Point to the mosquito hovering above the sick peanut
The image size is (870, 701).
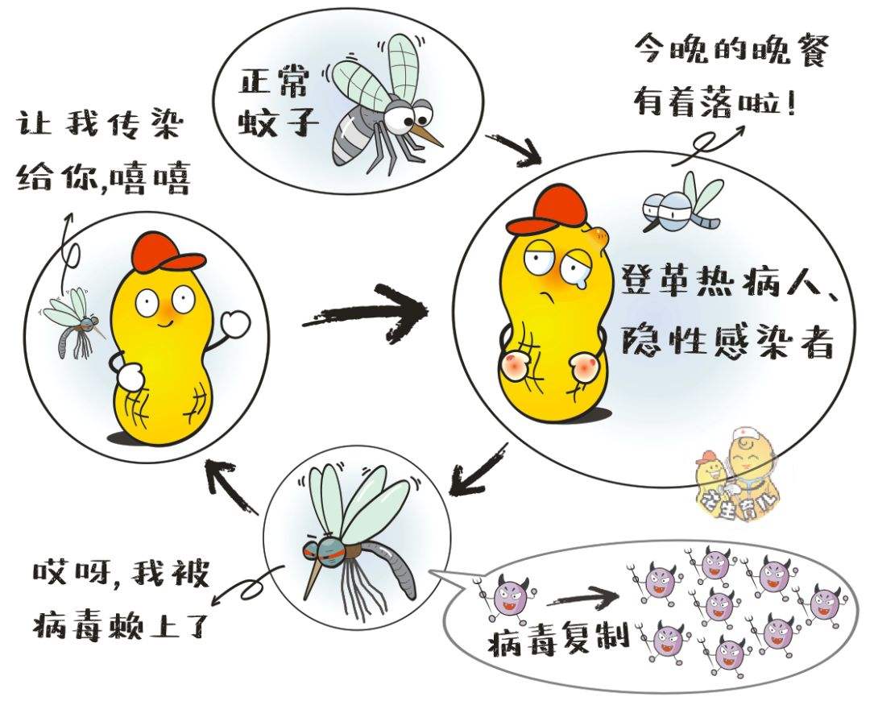click(x=677, y=201)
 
